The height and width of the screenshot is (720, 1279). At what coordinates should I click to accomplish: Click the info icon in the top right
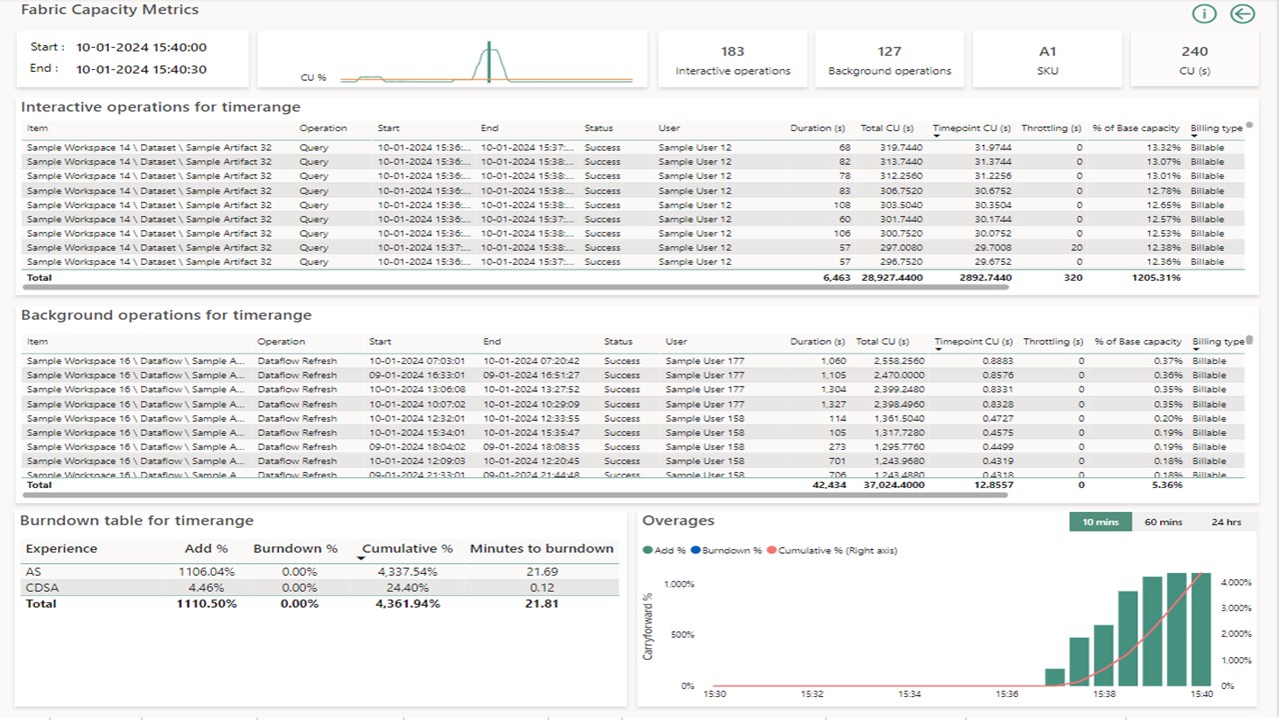pyautogui.click(x=1204, y=14)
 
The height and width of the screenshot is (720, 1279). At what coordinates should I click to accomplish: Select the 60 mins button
pyautogui.click(x=1163, y=522)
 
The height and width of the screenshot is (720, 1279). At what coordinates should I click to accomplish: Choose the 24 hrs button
pyautogui.click(x=1226, y=522)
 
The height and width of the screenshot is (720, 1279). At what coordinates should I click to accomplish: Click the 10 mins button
pyautogui.click(x=1100, y=522)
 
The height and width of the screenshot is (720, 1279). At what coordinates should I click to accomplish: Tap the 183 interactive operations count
pyautogui.click(x=732, y=52)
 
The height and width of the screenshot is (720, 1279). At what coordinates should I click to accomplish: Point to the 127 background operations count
pyautogui.click(x=889, y=52)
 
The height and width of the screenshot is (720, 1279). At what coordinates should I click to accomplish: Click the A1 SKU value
pyautogui.click(x=1047, y=52)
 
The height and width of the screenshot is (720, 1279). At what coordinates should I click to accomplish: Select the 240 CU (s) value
pyautogui.click(x=1194, y=52)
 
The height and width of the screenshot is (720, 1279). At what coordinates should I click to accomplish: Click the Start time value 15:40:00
pyautogui.click(x=141, y=47)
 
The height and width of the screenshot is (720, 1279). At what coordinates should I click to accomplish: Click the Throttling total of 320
pyautogui.click(x=1072, y=277)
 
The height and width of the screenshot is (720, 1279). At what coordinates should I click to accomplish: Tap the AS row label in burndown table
pyautogui.click(x=33, y=571)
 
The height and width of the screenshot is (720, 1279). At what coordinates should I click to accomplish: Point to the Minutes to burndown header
pyautogui.click(x=542, y=548)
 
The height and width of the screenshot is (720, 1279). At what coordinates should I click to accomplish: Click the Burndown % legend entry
pyautogui.click(x=727, y=550)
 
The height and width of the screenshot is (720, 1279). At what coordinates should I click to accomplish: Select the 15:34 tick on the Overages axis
pyautogui.click(x=909, y=693)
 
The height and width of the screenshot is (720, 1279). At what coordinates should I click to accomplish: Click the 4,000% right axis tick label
pyautogui.click(x=1236, y=582)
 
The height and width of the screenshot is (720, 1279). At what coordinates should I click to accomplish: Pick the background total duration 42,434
pyautogui.click(x=829, y=485)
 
